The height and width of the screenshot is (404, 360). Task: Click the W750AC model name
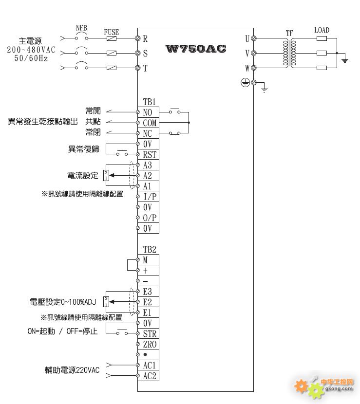pyautogui.click(x=196, y=49)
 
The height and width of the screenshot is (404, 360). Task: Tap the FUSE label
pyautogui.click(x=112, y=33)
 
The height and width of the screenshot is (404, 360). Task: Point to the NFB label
pyautogui.click(x=81, y=28)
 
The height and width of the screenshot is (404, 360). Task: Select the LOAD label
pyautogui.click(x=322, y=30)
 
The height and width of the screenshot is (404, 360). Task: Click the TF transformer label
pyautogui.click(x=289, y=33)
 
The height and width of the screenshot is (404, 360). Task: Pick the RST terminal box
pyautogui.click(x=150, y=154)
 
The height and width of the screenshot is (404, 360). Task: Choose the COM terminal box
pyautogui.click(x=150, y=123)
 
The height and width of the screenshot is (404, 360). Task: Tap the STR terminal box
pyautogui.click(x=150, y=334)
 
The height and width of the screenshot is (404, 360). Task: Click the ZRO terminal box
pyautogui.click(x=150, y=345)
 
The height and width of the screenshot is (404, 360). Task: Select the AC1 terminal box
pyautogui.click(x=150, y=366)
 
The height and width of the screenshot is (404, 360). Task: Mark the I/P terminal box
pyautogui.click(x=150, y=197)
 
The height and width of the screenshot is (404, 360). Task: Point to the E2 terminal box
pyautogui.click(x=149, y=302)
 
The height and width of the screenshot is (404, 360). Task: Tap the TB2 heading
pyautogui.click(x=150, y=250)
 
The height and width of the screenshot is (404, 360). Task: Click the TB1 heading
pyautogui.click(x=150, y=102)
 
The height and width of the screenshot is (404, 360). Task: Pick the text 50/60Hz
pyautogui.click(x=31, y=58)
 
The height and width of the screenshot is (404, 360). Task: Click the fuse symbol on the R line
pyautogui.click(x=112, y=38)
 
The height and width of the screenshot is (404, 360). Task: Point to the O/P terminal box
pyautogui.click(x=150, y=218)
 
